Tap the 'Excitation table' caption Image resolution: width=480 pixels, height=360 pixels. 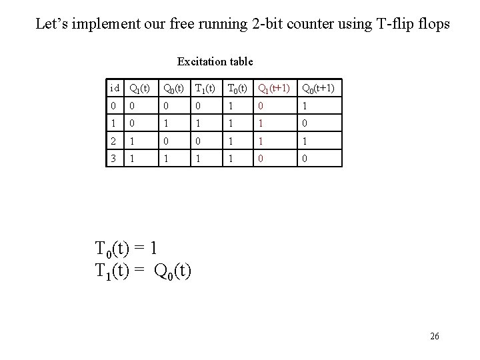click(x=215, y=61)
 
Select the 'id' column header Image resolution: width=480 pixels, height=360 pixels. click(x=115, y=88)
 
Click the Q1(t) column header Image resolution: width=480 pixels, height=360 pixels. click(x=139, y=88)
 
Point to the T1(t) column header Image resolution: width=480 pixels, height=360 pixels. click(x=204, y=88)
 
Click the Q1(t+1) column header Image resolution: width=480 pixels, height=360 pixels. click(x=273, y=88)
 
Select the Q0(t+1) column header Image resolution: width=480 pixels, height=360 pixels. click(x=318, y=88)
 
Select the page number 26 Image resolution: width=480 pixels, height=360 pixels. click(x=434, y=336)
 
